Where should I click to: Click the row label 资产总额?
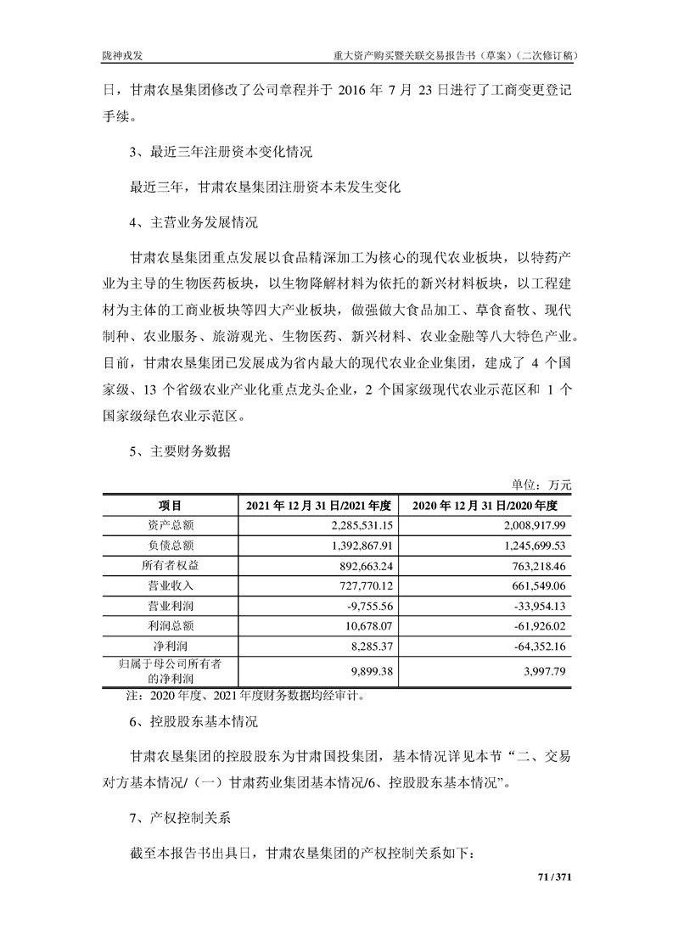click(x=171, y=525)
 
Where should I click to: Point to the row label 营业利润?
click(x=171, y=606)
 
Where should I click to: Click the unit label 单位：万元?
click(x=541, y=485)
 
